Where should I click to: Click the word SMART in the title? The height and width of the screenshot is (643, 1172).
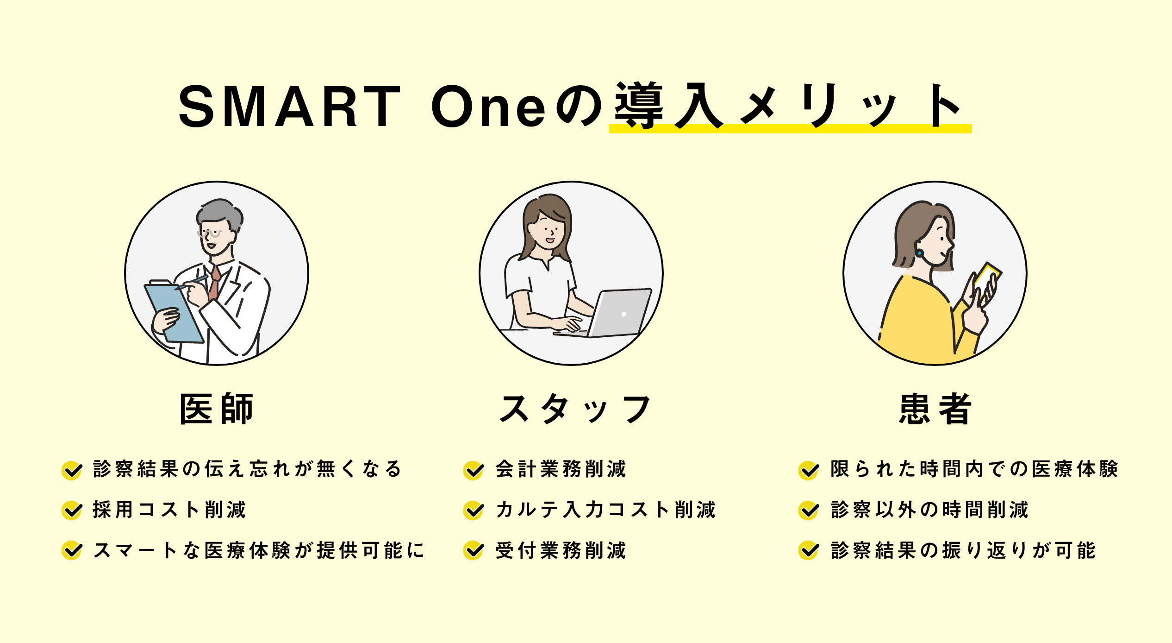(289, 106)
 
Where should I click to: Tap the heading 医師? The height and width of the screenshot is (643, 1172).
(217, 409)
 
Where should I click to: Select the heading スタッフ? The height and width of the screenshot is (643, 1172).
(574, 409)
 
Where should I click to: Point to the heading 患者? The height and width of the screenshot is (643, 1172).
(935, 409)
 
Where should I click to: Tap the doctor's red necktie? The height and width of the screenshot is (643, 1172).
(214, 283)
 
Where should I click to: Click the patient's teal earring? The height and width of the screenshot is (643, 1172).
(919, 253)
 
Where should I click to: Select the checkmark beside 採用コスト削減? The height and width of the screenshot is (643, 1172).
(72, 511)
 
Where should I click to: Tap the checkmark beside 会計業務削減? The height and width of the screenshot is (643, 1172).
(474, 470)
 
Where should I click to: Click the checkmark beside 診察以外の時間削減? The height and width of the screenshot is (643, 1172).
(809, 511)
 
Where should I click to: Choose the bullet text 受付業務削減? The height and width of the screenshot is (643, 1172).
(561, 550)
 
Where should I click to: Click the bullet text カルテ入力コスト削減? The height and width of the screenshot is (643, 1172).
(605, 510)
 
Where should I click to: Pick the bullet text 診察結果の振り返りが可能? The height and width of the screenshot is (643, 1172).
(963, 550)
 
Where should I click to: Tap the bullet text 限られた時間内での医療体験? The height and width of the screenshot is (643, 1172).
(974, 469)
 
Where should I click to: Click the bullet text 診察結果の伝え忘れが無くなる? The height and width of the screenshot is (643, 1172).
(247, 469)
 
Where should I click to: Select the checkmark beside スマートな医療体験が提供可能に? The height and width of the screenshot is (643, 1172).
(72, 551)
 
